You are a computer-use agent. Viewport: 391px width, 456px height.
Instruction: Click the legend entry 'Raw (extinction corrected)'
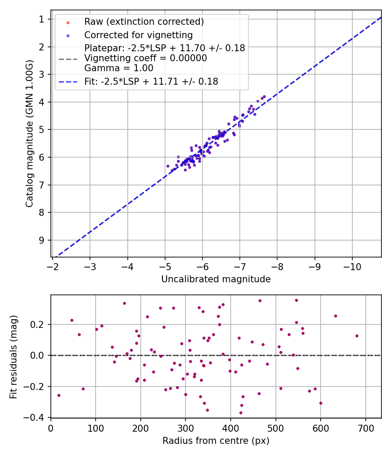click(144, 22)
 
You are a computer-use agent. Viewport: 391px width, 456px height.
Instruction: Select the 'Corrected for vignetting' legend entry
click(138, 35)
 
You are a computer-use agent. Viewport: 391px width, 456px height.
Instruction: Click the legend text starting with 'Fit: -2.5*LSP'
click(151, 81)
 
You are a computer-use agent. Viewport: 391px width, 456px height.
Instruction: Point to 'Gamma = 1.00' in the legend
click(119, 68)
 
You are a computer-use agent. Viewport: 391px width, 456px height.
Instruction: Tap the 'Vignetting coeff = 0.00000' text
click(146, 58)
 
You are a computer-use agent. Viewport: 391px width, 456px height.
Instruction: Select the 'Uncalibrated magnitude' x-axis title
click(216, 279)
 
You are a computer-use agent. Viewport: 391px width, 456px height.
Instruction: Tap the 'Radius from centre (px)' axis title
click(216, 441)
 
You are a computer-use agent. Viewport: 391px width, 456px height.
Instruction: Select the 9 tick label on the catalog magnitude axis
click(42, 240)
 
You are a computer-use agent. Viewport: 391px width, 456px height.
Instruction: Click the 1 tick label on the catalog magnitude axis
click(42, 19)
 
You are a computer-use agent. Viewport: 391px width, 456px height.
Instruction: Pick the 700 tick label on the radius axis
click(365, 427)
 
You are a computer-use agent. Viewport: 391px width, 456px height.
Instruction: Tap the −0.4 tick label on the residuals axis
click(36, 417)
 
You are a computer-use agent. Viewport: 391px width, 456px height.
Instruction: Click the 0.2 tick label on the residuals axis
click(40, 324)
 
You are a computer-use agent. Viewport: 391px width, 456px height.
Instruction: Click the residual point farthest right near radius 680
click(357, 336)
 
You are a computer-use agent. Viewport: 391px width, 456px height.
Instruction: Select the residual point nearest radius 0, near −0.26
click(59, 395)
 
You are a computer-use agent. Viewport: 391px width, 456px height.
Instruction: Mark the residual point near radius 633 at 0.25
click(335, 316)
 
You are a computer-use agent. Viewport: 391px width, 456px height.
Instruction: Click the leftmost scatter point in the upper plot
click(168, 166)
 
